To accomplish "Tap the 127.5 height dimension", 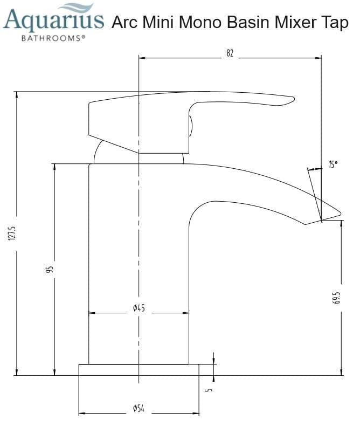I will [x=12, y=234].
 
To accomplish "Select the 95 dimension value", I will [x=49, y=269].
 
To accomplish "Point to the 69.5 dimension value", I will [x=336, y=298].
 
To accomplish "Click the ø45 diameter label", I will [x=139, y=308].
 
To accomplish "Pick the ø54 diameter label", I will [x=139, y=409].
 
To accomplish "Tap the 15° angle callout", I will [x=333, y=164].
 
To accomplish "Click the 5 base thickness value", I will [x=210, y=389].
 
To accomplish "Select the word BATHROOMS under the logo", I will [x=53, y=38].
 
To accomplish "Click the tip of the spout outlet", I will [x=323, y=220].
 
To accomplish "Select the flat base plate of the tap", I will [x=139, y=370].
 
